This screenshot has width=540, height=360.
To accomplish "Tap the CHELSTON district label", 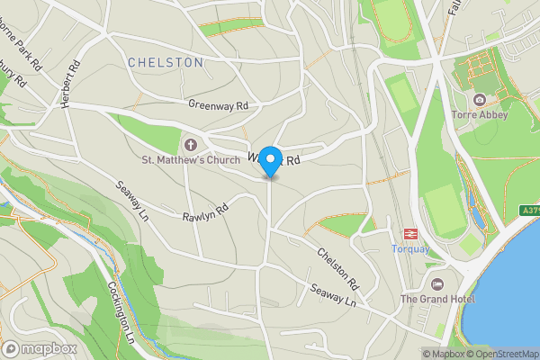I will click(x=166, y=62).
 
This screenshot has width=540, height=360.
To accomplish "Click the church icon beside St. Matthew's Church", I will click(x=191, y=144).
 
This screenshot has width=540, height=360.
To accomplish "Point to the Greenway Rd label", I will click(x=218, y=104).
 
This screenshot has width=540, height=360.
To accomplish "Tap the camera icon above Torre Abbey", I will click(x=480, y=98).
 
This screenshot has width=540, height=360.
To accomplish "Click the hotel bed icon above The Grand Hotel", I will click(x=438, y=282).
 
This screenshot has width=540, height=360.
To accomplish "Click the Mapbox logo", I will click(x=39, y=348).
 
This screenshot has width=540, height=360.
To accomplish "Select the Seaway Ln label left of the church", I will click(x=131, y=202).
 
